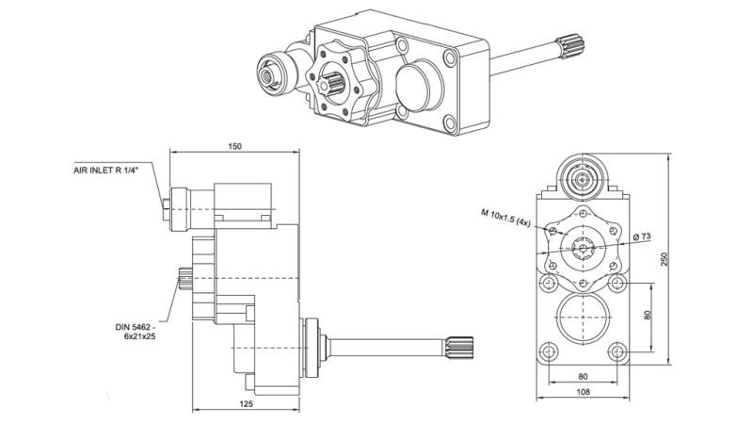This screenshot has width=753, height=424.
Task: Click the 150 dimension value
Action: point(234,146)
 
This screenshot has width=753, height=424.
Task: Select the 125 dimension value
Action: point(247,403)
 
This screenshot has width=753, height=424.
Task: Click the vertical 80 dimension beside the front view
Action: point(647,316)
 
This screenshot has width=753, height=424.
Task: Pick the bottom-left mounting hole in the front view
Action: point(548,352)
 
